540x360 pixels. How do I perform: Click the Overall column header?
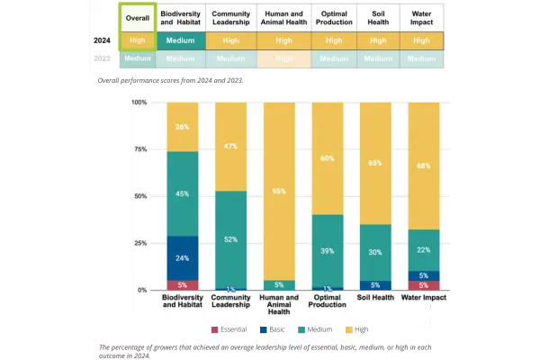click(137, 19)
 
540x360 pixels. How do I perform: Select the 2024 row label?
click(103, 40)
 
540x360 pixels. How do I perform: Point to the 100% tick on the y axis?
click(139, 103)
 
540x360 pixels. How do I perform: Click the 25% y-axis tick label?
click(140, 243)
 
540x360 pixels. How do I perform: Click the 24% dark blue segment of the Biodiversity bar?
click(182, 258)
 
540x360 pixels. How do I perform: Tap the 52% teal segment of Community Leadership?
click(230, 239)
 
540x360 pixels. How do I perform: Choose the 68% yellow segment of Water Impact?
click(423, 166)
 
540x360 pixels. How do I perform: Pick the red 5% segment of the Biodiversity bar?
click(182, 285)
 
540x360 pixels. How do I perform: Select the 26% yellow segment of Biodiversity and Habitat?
click(182, 127)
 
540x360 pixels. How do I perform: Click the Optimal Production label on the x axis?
click(328, 301)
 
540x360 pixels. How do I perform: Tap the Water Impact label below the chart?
click(423, 298)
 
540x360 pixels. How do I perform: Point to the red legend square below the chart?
click(214, 330)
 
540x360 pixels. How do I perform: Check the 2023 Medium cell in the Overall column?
click(137, 58)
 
